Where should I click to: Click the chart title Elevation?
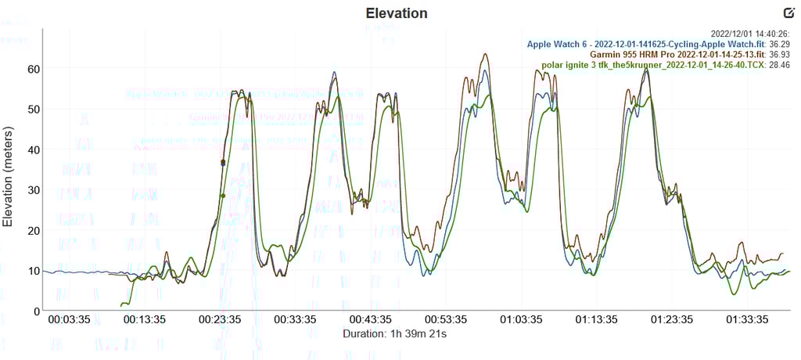397,13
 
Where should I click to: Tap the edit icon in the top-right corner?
788,13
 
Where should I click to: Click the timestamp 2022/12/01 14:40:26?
749,34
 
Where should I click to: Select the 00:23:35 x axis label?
222,320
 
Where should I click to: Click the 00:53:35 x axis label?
447,320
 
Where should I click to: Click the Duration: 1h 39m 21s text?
394,333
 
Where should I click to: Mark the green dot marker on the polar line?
223,196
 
